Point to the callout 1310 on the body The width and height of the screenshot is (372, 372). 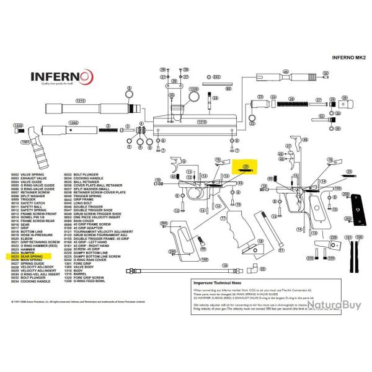pos(201,122)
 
